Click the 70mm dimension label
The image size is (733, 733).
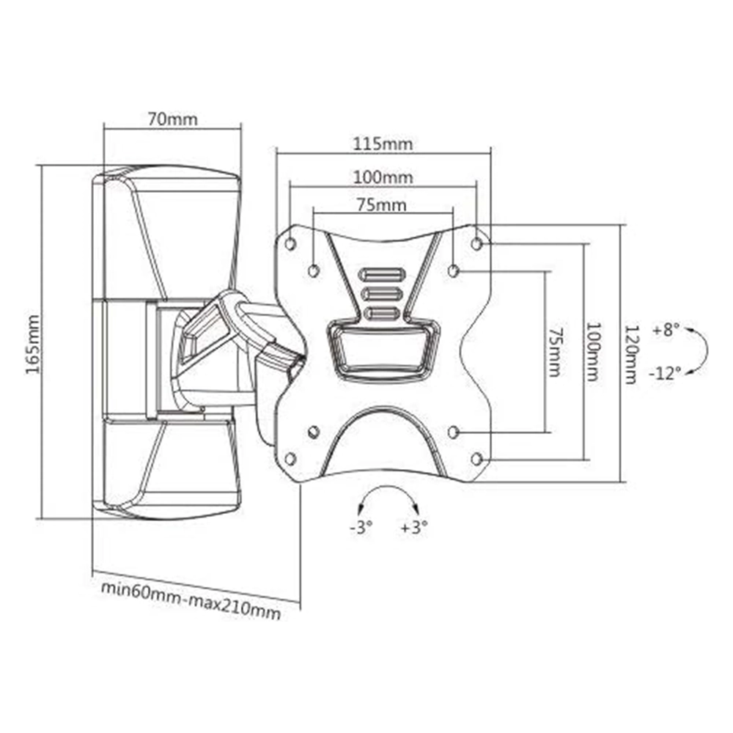[172, 119]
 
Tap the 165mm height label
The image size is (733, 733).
[33, 345]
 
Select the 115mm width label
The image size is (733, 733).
[383, 144]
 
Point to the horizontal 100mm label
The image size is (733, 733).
[383, 177]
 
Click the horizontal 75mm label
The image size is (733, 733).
[381, 205]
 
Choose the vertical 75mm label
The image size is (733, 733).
[555, 352]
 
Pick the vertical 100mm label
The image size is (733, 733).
[593, 352]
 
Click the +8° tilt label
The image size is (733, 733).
[666, 330]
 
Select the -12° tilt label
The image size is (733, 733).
[665, 373]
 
